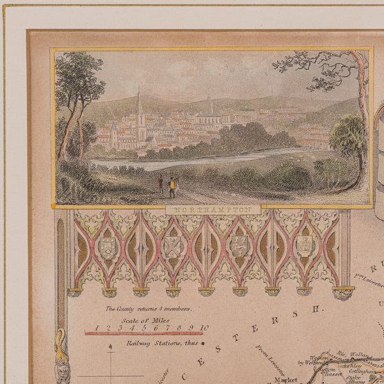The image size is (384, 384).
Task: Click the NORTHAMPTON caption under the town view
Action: (x=213, y=209)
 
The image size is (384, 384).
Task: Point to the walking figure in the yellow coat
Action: (x=171, y=186)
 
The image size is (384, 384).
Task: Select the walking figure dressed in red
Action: (x=160, y=184)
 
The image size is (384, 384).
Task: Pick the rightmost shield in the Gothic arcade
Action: (x=305, y=246)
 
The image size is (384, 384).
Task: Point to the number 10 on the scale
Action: (x=203, y=328)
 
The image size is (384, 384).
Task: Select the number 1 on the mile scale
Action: (x=97, y=328)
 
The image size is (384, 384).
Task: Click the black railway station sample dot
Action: (x=202, y=343)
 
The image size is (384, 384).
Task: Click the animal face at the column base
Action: (x=61, y=369)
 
